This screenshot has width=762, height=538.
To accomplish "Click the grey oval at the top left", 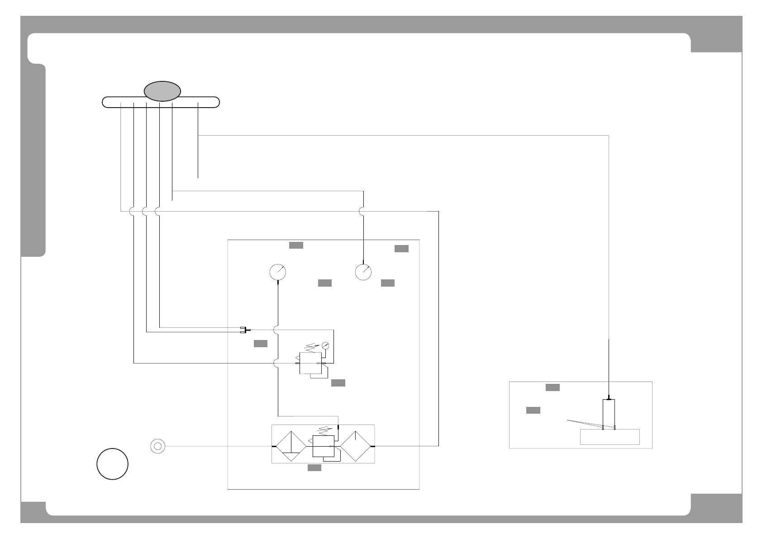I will coord(162,91).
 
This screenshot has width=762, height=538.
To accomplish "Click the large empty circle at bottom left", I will coord(112,464).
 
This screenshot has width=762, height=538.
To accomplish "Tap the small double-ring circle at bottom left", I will coord(157,446).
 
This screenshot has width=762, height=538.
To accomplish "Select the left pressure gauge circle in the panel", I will coord(278,272).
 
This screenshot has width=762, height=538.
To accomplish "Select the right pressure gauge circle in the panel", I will coord(363,272).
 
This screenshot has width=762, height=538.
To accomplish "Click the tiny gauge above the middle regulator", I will coord(325,346).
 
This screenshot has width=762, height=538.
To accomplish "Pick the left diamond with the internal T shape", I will coord(291,446).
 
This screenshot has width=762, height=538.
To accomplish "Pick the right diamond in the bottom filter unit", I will coord(355,446).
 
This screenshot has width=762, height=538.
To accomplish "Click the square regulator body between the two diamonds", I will coord(323,446).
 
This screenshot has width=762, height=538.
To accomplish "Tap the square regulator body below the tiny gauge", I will coord(310,363).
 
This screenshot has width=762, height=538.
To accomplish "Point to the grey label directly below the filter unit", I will coord(314,468).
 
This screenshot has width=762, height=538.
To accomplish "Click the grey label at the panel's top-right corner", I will coord(401,249).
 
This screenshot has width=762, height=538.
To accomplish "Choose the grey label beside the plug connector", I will coord(261,344).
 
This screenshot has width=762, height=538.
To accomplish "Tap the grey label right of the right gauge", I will coord(388,283).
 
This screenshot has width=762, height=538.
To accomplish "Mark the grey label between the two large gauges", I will coord(325,283).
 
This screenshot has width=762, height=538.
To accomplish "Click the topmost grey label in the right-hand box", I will coord(552,387).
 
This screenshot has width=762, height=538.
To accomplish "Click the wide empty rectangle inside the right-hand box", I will coord(610,437).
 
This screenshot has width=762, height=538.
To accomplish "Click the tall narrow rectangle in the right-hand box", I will coord(609,414).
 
